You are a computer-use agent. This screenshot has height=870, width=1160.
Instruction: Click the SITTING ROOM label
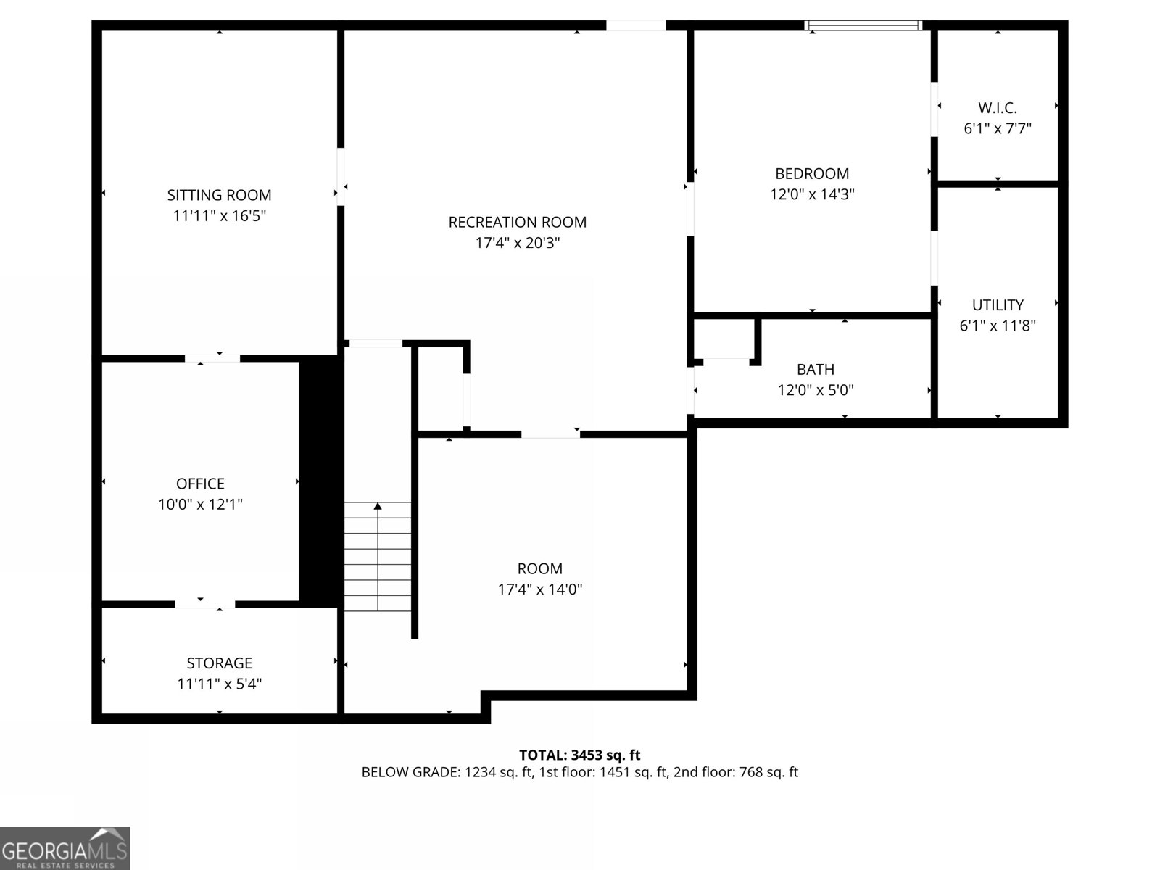pos(219,195)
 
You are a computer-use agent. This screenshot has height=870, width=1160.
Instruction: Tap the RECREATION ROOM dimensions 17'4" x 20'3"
pos(517,243)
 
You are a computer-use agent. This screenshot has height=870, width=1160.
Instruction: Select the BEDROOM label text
pos(812,174)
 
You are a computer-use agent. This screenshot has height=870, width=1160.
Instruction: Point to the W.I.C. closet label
pos(998,108)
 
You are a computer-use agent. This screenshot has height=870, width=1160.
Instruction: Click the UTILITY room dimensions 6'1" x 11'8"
pos(998,326)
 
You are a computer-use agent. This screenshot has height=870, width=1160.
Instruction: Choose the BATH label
pos(816,370)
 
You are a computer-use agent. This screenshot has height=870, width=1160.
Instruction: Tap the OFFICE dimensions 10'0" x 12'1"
pos(200,505)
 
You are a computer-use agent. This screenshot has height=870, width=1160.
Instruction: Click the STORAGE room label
pos(219,663)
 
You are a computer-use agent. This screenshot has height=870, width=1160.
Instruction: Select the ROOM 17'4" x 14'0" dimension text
pos(540,589)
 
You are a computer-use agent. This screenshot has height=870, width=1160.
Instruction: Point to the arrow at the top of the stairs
pos(378,506)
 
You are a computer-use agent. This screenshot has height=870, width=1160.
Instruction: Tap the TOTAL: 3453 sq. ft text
pos(579,755)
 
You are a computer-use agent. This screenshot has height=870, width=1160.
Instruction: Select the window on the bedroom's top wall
pos(863,26)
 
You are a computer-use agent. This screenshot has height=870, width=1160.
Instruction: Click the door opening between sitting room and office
pos(212,358)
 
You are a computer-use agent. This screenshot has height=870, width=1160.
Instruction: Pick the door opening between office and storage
pos(204,604)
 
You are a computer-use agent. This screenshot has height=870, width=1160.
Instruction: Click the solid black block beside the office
pos(320,478)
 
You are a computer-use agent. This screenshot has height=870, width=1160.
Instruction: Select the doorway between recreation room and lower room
pos(550,434)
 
